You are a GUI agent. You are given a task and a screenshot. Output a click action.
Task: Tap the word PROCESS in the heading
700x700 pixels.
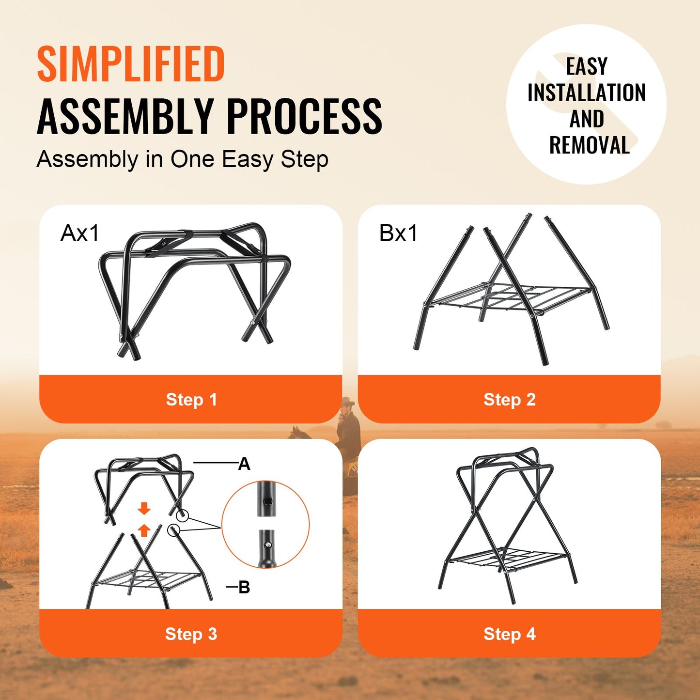click(x=304, y=116)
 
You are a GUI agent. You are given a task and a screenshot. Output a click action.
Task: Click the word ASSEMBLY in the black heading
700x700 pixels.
click(x=125, y=116)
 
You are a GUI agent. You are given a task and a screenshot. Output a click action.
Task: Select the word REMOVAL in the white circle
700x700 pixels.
click(x=589, y=145)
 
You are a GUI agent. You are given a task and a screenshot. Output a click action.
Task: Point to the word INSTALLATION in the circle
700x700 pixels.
click(x=586, y=93)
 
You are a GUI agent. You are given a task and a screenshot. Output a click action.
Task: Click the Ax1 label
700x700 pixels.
click(x=79, y=233)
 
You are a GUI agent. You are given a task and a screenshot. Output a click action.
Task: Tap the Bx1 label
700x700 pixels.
click(x=398, y=233)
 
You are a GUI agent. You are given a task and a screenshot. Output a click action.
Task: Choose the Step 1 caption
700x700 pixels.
click(x=191, y=400)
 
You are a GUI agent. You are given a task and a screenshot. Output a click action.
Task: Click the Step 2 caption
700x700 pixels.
click(x=510, y=400)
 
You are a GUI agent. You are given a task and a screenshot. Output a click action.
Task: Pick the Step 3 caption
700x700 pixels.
click(x=191, y=634)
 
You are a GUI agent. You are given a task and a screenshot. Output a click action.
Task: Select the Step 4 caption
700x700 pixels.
click(x=510, y=634)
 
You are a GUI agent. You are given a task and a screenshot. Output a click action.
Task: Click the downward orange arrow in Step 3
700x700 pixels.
click(x=144, y=509)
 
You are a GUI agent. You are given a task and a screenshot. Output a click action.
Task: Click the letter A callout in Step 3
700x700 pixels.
click(x=244, y=464)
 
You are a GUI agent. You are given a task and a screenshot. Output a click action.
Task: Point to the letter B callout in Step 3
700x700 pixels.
click(x=244, y=588)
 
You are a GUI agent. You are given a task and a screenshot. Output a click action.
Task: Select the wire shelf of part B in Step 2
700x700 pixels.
click(x=509, y=296)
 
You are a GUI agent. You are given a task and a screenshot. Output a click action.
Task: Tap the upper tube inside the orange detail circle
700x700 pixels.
click(x=265, y=499)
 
